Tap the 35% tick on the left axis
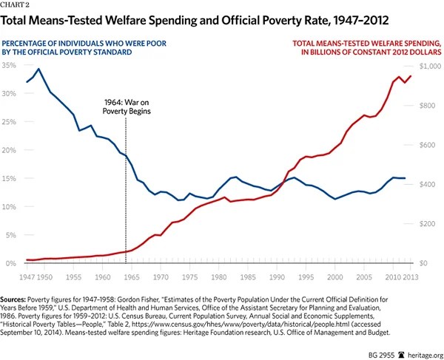tap(10, 66)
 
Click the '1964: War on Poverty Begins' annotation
tap(127, 109)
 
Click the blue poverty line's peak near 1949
tap(38, 69)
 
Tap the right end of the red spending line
tap(411, 75)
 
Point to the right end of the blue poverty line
tap(405, 178)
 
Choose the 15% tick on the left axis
tap(10, 179)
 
